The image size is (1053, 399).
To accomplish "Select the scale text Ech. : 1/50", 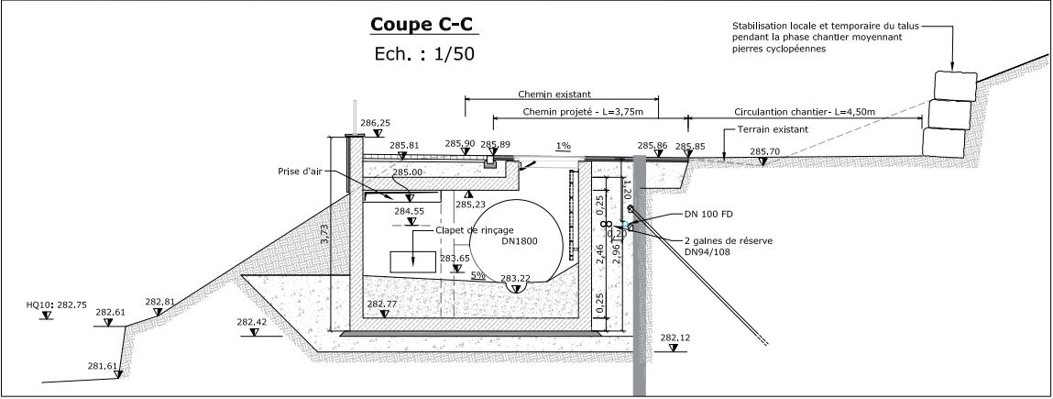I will pos(423,54).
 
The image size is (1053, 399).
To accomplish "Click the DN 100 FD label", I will pos(709,214).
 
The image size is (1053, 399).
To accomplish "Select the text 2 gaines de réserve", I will pos(729,240).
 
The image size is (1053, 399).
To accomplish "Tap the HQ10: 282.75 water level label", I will pos(57,302).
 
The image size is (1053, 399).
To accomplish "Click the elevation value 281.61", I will pos(103,367).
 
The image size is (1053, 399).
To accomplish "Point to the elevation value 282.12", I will pos(674,338).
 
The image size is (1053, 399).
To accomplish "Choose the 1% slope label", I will pos(564,146).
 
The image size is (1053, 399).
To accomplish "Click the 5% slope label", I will pos(477,275).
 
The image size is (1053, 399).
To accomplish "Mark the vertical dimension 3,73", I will pos(324,237).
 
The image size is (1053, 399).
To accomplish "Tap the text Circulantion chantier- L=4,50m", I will pos(805,112).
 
